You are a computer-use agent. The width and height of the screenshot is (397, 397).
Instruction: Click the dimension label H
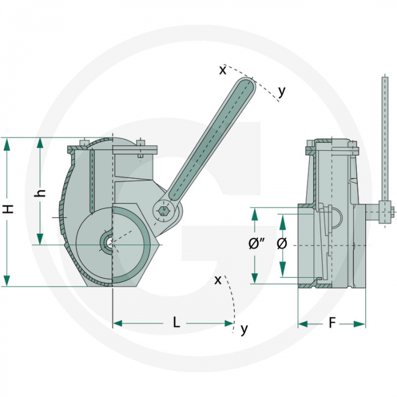(x=9, y=209)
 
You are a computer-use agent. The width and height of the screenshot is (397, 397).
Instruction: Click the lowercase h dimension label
(x=40, y=193)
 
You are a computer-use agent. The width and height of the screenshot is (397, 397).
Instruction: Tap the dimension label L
(x=176, y=323)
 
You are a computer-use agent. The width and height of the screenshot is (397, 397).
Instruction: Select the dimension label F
(x=332, y=323)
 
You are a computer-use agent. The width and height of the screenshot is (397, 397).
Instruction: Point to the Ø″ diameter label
(x=256, y=244)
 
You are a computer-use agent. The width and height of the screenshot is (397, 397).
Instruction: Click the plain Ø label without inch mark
(x=282, y=244)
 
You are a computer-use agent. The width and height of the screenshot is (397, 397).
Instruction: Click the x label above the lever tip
(x=222, y=70)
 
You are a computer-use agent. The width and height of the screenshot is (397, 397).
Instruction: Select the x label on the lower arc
(x=218, y=280)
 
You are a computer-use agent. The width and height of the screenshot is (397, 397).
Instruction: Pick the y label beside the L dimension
(x=244, y=329)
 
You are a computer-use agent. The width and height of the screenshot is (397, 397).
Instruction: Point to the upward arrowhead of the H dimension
(x=7, y=145)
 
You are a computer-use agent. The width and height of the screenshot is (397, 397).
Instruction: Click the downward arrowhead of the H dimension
(x=7, y=280)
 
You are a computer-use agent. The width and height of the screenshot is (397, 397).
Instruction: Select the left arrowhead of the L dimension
(x=118, y=323)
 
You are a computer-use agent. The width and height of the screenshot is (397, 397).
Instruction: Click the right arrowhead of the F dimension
(x=360, y=324)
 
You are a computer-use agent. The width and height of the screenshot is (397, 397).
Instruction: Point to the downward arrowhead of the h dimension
(x=40, y=239)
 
